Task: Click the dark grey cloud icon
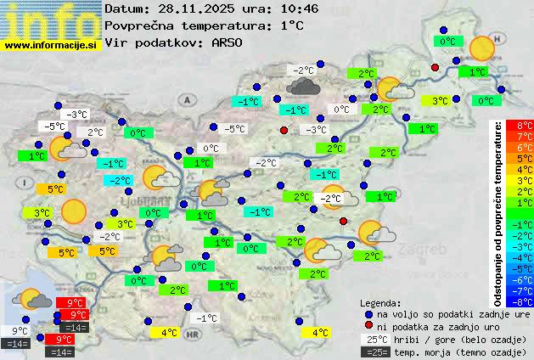(302, 85)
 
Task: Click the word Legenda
(380, 303)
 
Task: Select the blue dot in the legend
(368, 314)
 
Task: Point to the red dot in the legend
(368, 326)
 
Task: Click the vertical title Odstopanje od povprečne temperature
(498, 212)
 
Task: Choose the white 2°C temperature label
(93, 132)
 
